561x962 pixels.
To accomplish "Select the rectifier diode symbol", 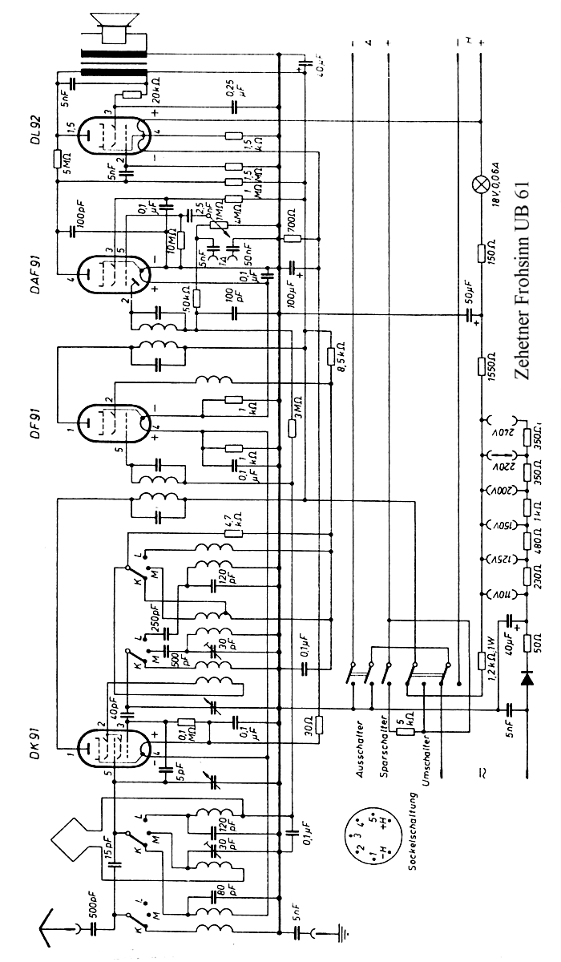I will [527, 679].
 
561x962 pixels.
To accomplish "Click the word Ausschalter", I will [361, 750].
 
